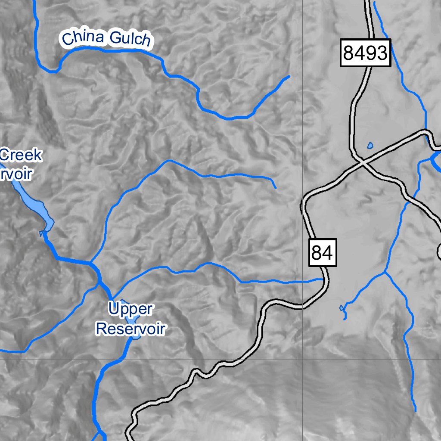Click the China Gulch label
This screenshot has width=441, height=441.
(106, 39)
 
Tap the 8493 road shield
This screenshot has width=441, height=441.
(366, 53)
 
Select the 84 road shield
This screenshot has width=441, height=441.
(322, 253)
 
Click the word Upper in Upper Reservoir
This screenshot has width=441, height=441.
(130, 309)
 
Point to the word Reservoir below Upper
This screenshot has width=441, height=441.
(130, 329)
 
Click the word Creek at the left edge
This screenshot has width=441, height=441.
(21, 155)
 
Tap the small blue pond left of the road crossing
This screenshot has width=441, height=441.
(370, 145)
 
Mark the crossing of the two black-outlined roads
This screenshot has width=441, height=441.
(363, 163)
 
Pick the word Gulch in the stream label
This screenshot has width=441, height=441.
(130, 40)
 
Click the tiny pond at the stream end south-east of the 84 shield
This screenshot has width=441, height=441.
(342, 308)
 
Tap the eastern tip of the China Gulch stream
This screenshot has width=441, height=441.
(289, 77)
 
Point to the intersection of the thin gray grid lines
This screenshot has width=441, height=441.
(302, 358)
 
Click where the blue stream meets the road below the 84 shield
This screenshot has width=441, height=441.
(323, 280)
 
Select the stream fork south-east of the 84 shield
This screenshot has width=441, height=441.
(385, 272)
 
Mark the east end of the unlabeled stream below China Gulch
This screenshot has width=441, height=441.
(275, 187)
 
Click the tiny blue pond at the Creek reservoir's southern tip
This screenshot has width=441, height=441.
(42, 233)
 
